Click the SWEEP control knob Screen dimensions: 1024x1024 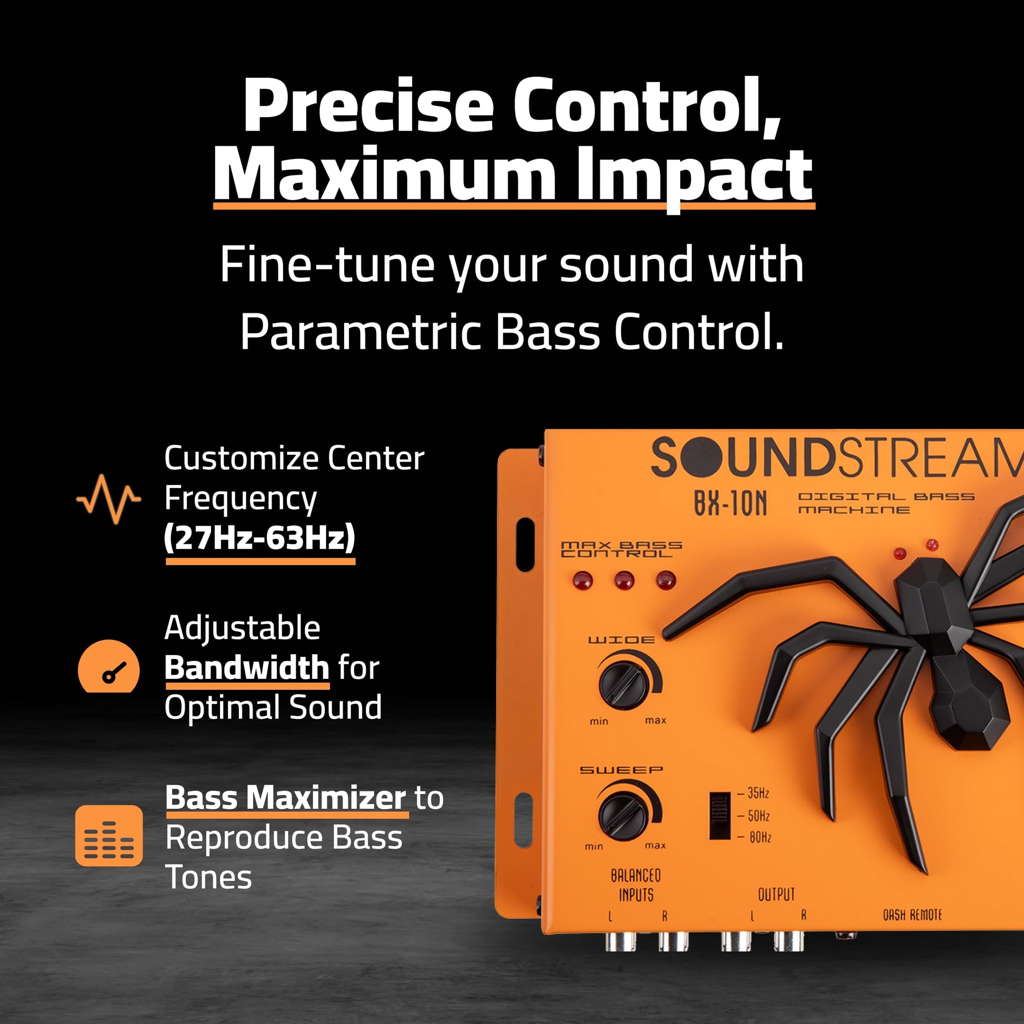pyautogui.click(x=623, y=816)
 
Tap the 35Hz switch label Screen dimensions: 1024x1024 pyautogui.click(x=758, y=794)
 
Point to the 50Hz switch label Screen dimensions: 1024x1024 pyautogui.click(x=758, y=816)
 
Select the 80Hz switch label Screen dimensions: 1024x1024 pyautogui.click(x=760, y=837)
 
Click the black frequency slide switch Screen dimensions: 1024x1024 pyautogui.click(x=719, y=816)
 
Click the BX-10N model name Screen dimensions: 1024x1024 pyautogui.click(x=730, y=503)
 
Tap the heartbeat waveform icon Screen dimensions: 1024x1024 pyautogui.click(x=108, y=499)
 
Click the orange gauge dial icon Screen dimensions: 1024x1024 pyautogui.click(x=108, y=666)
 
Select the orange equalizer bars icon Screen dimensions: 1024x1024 pyautogui.click(x=108, y=836)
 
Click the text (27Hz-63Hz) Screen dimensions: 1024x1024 pyautogui.click(x=260, y=538)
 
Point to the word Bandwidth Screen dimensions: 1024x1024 pyautogui.click(x=247, y=667)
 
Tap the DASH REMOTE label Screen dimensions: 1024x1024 pyautogui.click(x=912, y=916)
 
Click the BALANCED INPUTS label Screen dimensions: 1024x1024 pyautogui.click(x=636, y=886)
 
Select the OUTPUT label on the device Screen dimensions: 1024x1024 pyautogui.click(x=777, y=895)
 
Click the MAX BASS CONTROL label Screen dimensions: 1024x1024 pyautogui.click(x=621, y=549)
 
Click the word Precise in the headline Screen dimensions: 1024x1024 pyautogui.click(x=368, y=106)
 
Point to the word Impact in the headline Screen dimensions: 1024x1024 pyautogui.click(x=694, y=175)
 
